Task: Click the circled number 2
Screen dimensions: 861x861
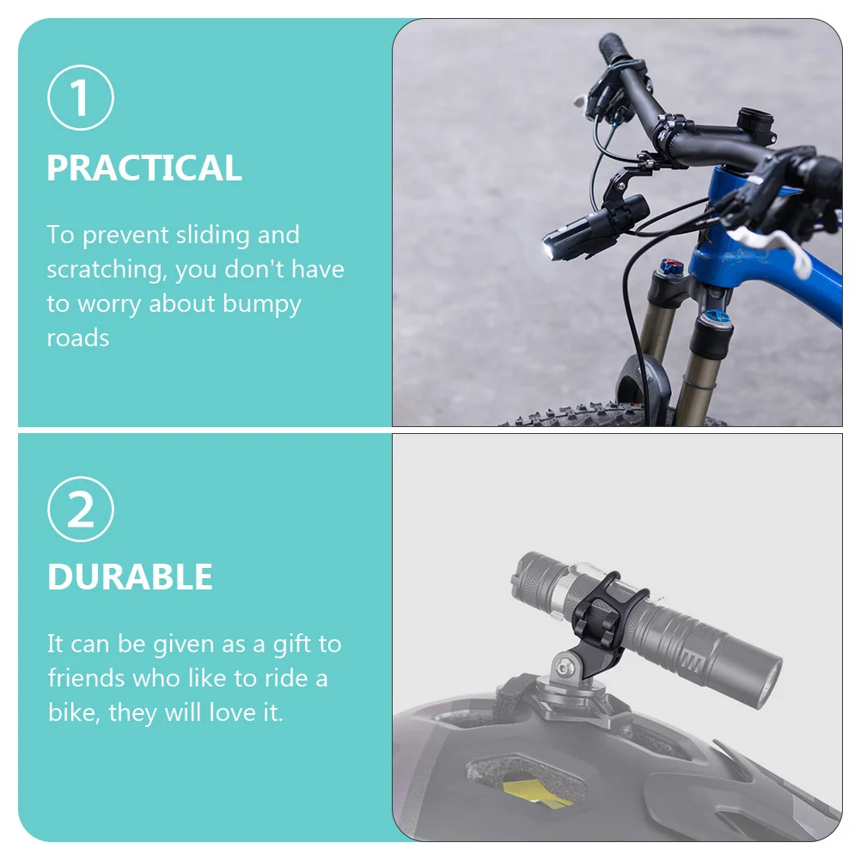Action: pyautogui.click(x=81, y=510)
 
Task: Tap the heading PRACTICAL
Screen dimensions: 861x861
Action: pyautogui.click(x=144, y=168)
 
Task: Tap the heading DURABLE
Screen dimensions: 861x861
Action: pyautogui.click(x=130, y=577)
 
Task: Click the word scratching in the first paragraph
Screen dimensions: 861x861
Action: pyautogui.click(x=107, y=271)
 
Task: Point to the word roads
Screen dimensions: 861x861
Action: pyautogui.click(x=78, y=339)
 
